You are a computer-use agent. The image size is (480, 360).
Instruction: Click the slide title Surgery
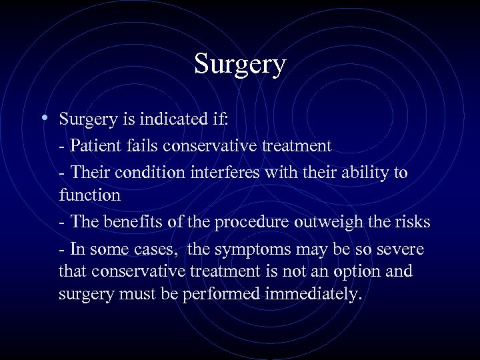coord(240,65)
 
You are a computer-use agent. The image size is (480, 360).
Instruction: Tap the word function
coord(89,195)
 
